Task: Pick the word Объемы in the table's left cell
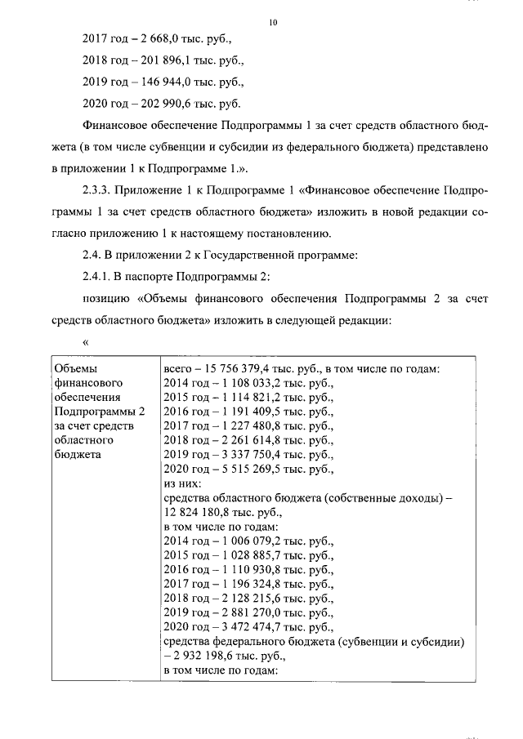point(74,367)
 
